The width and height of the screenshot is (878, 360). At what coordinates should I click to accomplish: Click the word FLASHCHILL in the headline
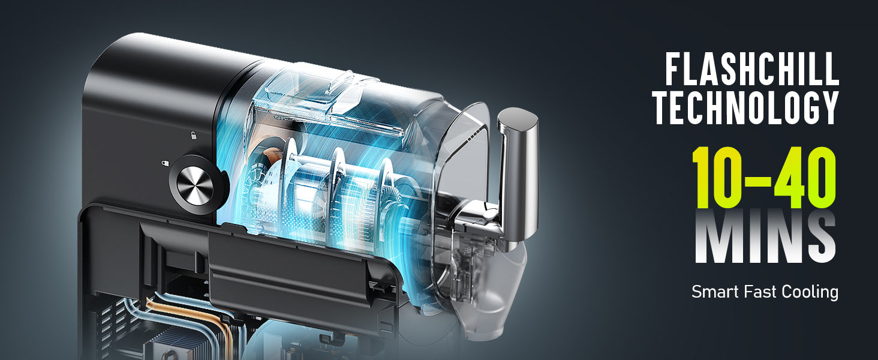[x=752, y=69]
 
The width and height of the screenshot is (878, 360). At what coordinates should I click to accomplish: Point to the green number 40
[x=805, y=178]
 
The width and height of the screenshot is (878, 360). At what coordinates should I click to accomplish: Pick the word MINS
[x=765, y=237]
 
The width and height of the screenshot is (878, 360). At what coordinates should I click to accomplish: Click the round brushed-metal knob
[x=195, y=185]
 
